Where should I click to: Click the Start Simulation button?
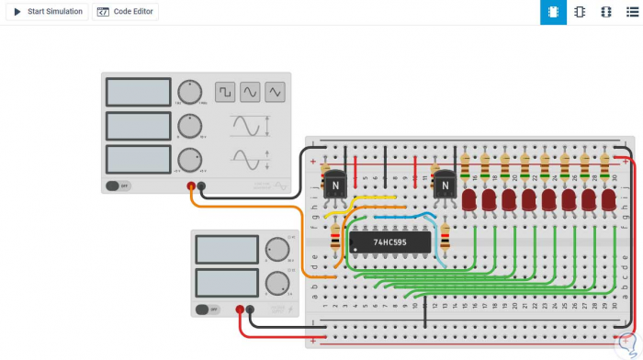[48, 12]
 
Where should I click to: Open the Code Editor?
[125, 12]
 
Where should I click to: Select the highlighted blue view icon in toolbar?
[553, 12]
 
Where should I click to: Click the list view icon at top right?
[631, 12]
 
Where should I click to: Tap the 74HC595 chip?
[390, 242]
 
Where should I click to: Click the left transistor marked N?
[335, 185]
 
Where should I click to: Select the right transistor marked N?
[445, 185]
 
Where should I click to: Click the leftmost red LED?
[469, 198]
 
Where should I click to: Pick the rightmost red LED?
[608, 198]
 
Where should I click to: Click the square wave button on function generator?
[225, 92]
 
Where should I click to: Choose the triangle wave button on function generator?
[275, 92]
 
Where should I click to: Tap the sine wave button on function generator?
[250, 92]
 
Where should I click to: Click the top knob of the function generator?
[189, 91]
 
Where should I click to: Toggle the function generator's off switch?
[117, 186]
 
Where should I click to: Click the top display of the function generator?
[138, 92]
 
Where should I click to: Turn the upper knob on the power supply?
[276, 249]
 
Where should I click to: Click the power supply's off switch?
[209, 309]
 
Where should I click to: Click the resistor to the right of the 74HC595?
[446, 237]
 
